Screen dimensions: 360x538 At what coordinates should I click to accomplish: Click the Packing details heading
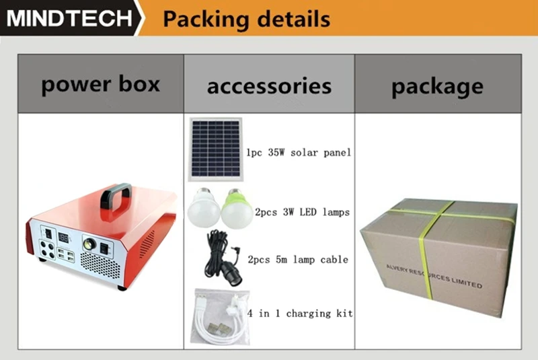[x=246, y=18]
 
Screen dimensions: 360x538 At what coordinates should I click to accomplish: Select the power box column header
[x=101, y=85]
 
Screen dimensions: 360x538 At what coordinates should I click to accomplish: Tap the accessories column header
[x=269, y=86]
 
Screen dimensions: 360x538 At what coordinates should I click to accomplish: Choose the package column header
[x=437, y=86]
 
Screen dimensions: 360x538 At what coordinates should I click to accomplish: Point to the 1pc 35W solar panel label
[x=299, y=153]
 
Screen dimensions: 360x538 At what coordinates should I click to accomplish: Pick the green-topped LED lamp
[x=237, y=207]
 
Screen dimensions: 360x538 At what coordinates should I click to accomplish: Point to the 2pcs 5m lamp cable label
[x=298, y=259]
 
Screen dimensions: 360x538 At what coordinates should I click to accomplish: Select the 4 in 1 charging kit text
[x=300, y=314]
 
